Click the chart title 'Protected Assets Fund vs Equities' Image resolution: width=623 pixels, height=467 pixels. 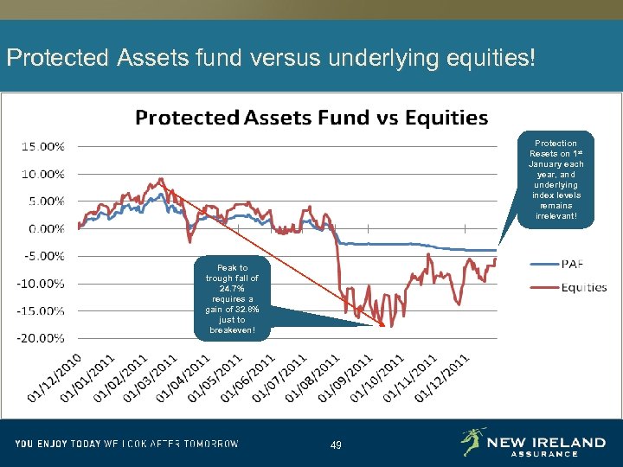(311, 118)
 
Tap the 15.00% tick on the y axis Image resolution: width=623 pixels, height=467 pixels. (42, 146)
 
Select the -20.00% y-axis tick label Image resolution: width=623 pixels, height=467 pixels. (42, 337)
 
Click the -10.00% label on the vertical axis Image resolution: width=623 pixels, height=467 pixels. (42, 283)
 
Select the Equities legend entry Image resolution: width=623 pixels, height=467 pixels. (584, 287)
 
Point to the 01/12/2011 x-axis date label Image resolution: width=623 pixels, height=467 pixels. (443, 377)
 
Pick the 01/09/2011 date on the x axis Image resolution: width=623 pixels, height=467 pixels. (346, 377)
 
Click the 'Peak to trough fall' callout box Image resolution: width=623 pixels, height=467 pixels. (231, 299)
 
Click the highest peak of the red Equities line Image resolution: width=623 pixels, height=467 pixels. (161, 179)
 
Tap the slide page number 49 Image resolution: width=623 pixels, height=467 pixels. (336, 445)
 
